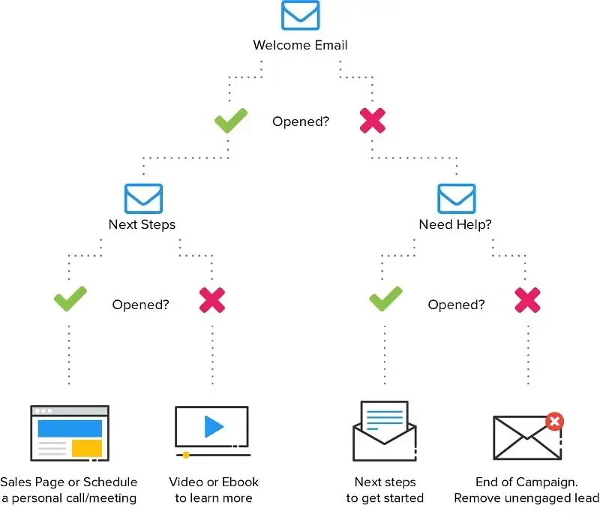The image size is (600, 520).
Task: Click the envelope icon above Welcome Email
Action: click(300, 16)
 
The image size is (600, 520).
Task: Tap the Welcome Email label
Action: click(300, 45)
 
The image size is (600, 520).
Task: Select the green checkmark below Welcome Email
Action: click(230, 121)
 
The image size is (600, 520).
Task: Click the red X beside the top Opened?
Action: click(373, 121)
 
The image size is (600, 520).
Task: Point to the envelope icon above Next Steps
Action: click(142, 198)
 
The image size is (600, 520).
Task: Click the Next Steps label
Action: click(142, 224)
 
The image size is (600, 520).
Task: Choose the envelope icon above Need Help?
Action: click(457, 198)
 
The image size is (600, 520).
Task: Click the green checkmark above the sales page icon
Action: click(70, 300)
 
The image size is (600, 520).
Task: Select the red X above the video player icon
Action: click(212, 300)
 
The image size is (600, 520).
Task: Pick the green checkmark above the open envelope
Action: click(385, 300)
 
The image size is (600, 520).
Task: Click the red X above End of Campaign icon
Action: click(528, 300)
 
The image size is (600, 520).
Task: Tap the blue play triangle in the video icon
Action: click(214, 427)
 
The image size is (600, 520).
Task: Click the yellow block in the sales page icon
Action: click(87, 448)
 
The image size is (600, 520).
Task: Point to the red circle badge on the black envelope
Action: click(555, 422)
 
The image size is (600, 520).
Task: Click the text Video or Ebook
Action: click(214, 482)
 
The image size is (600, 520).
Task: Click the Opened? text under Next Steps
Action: click(140, 305)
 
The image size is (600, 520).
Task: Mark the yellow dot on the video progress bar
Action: click(186, 455)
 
